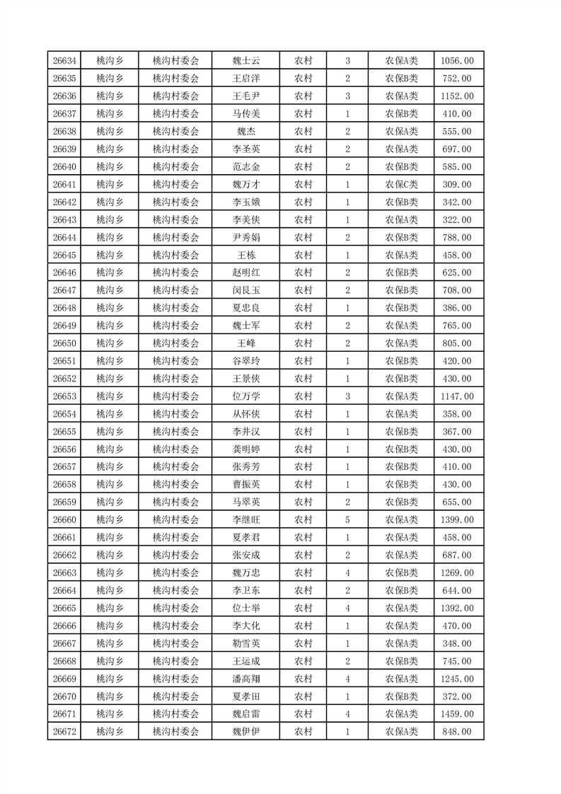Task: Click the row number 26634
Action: pos(64,61)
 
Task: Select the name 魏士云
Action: pos(246,61)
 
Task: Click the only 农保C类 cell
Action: pos(401,185)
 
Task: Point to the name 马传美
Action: pos(246,114)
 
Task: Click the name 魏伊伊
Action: pos(246,732)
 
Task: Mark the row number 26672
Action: pos(64,732)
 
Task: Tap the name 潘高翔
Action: pos(246,679)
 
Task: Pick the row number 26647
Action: pos(64,290)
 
